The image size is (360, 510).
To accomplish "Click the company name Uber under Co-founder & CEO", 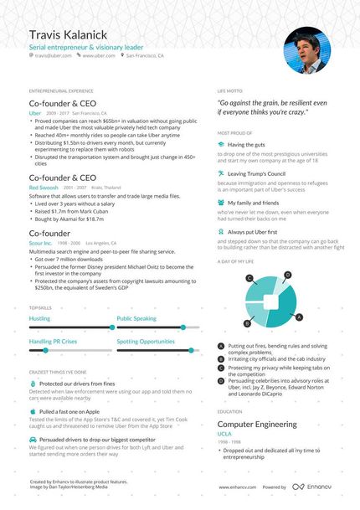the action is pos(34,112).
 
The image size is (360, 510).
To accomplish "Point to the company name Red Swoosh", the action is pos(44,188).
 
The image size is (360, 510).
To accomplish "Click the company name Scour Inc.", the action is pos(40,243).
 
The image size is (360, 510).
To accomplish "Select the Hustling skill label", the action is pos(39,319).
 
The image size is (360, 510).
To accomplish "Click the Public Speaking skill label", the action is pos(136,319).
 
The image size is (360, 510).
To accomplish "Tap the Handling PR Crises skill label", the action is pos(53,342).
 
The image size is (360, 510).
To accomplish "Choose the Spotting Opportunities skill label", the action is pos(146,342).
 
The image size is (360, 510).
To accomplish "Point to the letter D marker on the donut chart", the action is pos(287,275).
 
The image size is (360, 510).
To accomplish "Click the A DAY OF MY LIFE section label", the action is pos(236,261).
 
